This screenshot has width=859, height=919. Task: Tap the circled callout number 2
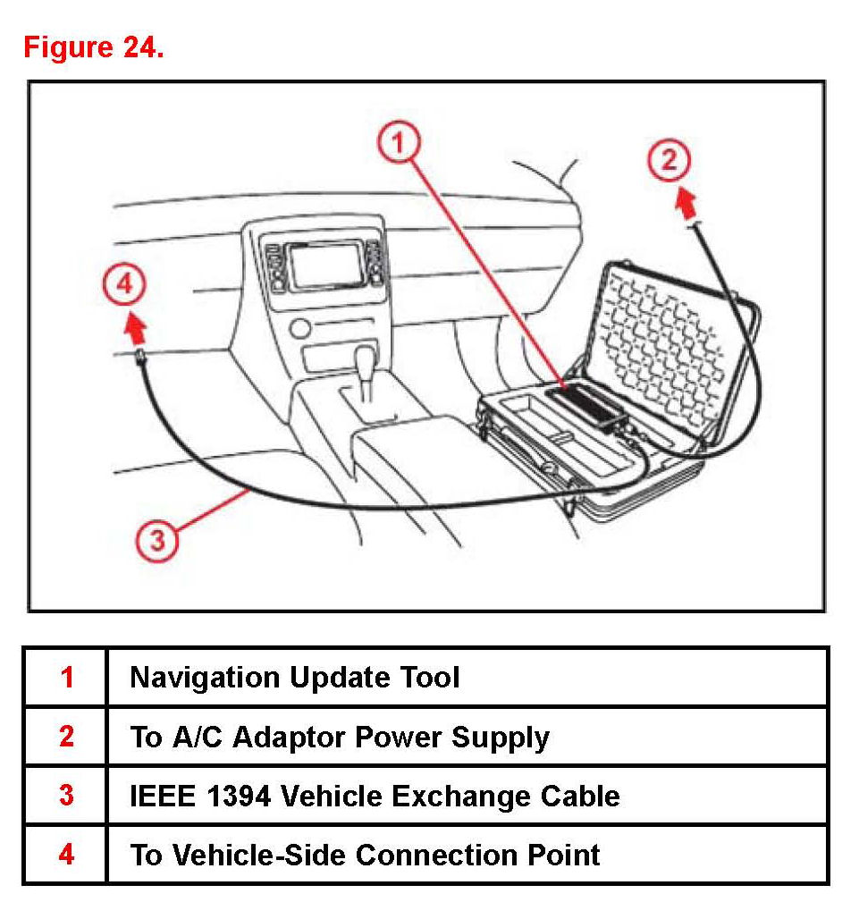[670, 161]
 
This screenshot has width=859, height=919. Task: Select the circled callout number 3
[157, 540]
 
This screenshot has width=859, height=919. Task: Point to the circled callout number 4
[124, 285]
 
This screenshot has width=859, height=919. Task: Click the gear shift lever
[367, 367]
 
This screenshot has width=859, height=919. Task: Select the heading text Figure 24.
[94, 46]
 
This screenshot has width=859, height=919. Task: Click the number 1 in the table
[67, 678]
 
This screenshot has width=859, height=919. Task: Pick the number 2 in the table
[67, 737]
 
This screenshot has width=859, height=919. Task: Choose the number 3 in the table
[67, 796]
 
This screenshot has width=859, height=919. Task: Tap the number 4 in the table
[67, 855]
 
